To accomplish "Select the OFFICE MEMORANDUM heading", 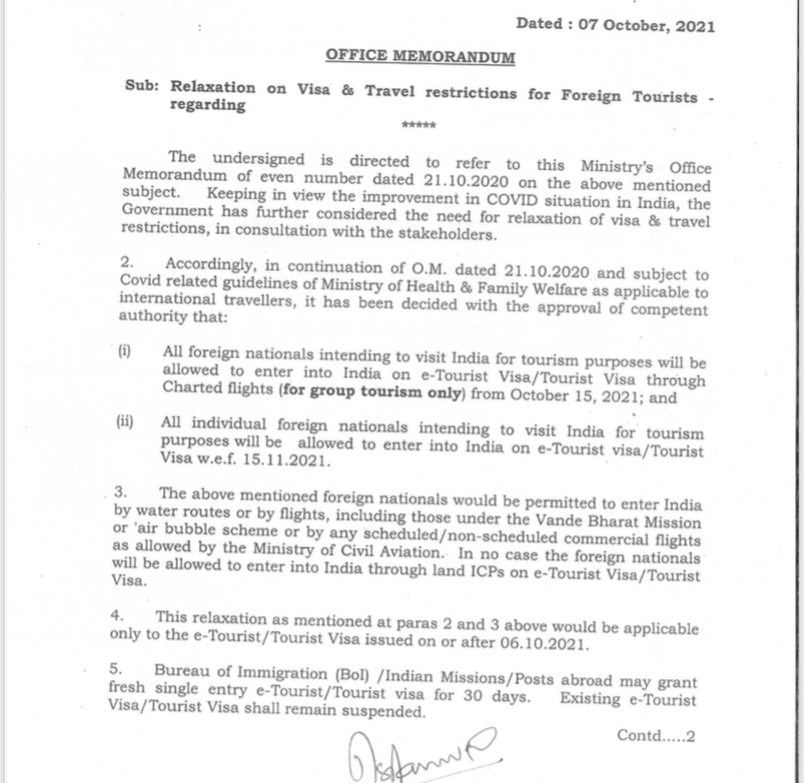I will click(419, 56).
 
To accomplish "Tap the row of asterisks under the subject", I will click(419, 126).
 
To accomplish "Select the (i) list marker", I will click(124, 351).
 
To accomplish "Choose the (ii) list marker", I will click(125, 423).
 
